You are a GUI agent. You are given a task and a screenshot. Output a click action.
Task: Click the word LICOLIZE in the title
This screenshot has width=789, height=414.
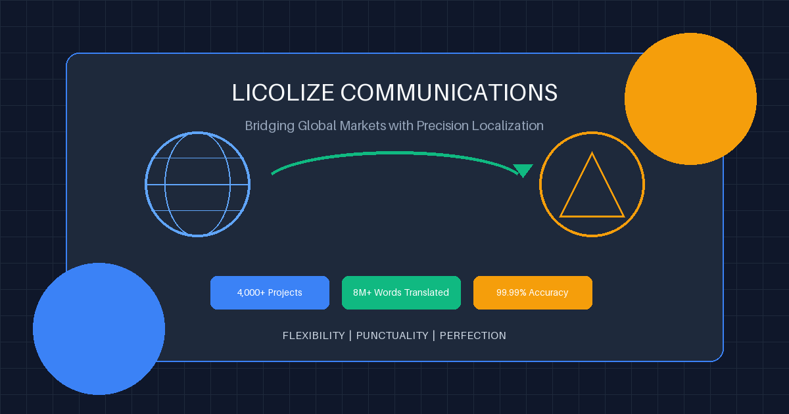tap(283, 93)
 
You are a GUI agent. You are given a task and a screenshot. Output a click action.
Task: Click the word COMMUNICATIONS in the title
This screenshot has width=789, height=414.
tap(448, 93)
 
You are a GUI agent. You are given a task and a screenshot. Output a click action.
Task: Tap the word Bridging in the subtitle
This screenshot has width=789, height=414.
tap(270, 126)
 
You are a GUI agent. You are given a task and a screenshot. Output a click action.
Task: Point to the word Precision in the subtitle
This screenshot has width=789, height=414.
tap(442, 126)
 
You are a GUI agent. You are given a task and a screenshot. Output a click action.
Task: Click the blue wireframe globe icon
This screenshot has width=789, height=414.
tap(198, 184)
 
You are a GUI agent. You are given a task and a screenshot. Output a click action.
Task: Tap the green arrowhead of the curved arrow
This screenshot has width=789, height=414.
tap(523, 170)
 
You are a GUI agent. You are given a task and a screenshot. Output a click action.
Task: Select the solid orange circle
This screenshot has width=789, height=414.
tap(690, 99)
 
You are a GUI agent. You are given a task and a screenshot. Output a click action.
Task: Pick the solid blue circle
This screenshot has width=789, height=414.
tap(99, 329)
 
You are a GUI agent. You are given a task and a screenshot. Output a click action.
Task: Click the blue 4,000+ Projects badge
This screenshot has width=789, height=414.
tap(270, 292)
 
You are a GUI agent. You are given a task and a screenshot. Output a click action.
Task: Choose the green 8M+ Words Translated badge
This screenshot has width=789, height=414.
tap(401, 292)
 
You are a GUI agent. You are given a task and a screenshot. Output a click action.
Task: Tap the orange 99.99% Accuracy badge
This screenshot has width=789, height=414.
tap(533, 292)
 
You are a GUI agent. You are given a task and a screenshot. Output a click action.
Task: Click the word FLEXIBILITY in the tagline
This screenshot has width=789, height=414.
tap(314, 336)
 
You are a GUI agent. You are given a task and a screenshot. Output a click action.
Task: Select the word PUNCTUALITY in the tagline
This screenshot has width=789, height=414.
tap(393, 336)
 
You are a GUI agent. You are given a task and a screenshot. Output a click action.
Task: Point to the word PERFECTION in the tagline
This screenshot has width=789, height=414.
tap(473, 336)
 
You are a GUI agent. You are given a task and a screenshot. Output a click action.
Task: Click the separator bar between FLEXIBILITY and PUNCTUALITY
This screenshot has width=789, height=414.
tap(350, 336)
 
